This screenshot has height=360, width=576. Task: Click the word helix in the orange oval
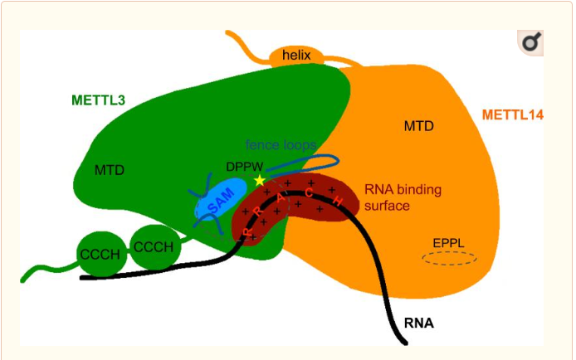click(295, 56)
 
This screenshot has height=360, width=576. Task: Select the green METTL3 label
click(97, 101)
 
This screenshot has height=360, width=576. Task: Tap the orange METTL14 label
click(512, 114)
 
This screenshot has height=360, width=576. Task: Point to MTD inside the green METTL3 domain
click(110, 170)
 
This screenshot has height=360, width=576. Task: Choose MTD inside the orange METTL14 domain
click(419, 126)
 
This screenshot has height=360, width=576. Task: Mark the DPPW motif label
click(244, 167)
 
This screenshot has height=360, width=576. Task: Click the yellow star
click(260, 180)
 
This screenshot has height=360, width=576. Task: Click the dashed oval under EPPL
click(449, 259)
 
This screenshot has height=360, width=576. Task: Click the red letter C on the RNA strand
click(309, 193)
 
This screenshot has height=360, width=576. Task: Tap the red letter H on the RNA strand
click(338, 202)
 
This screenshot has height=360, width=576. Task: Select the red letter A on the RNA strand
click(281, 197)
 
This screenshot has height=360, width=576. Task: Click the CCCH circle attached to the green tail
click(100, 254)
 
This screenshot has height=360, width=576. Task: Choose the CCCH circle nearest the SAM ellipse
click(154, 247)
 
